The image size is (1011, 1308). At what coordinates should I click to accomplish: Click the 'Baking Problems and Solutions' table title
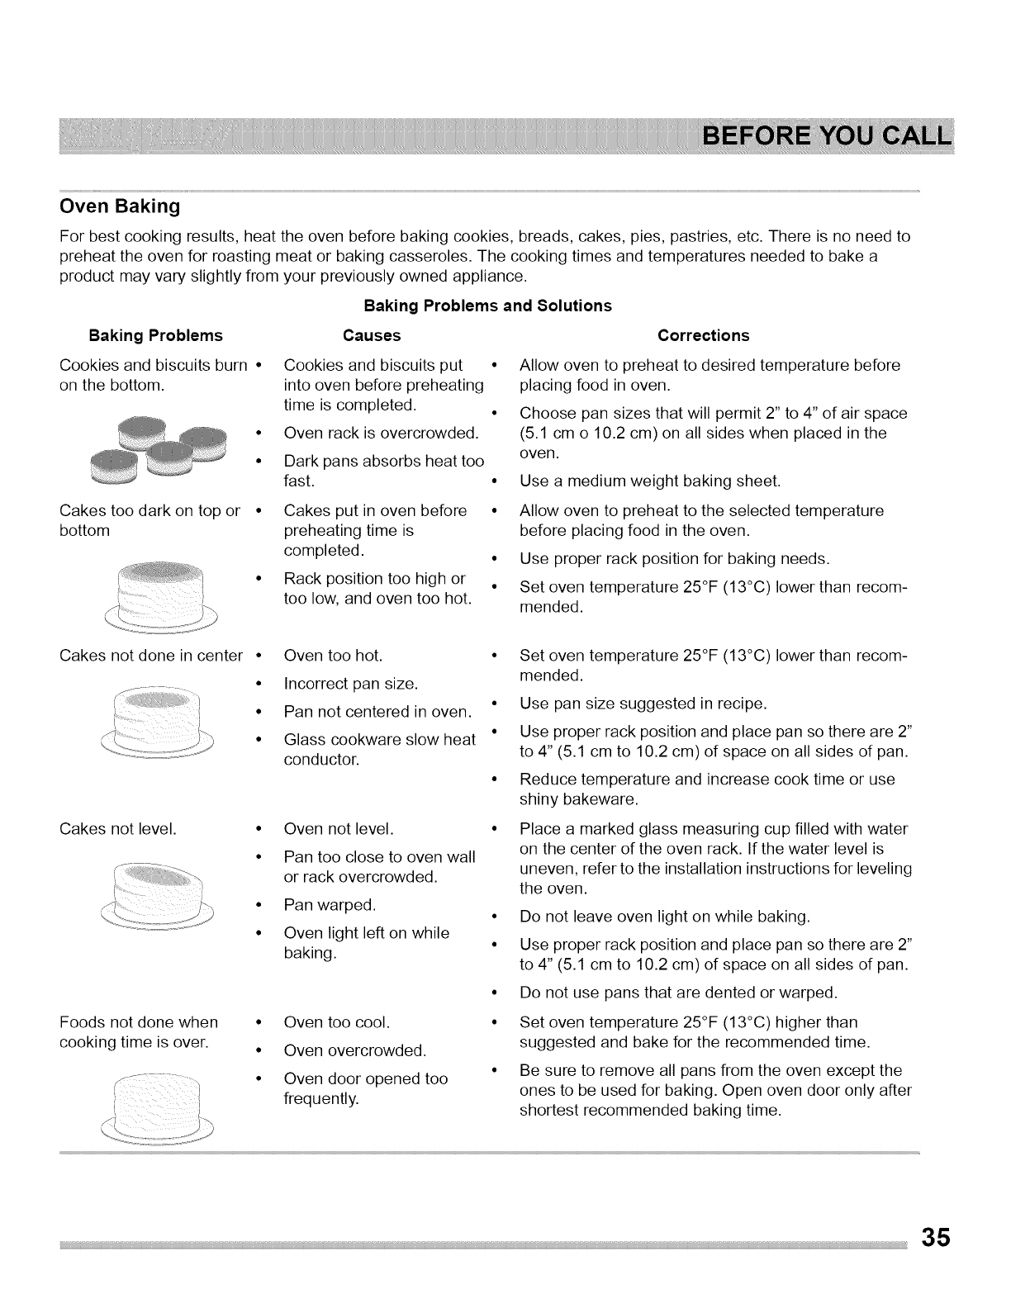(x=487, y=306)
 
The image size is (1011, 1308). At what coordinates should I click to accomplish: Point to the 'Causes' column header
(x=372, y=335)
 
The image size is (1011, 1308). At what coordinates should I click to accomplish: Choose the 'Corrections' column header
(x=703, y=335)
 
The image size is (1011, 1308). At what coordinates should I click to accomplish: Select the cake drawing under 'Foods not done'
(x=157, y=1107)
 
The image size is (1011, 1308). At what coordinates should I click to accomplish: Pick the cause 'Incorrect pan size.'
(x=350, y=684)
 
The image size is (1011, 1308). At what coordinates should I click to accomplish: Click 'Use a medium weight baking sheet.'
(x=649, y=481)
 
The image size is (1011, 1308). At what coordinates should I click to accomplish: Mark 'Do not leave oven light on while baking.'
(x=664, y=917)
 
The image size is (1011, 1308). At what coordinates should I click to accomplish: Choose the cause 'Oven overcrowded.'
(x=354, y=1050)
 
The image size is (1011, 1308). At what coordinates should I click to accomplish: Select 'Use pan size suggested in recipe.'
(x=643, y=704)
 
